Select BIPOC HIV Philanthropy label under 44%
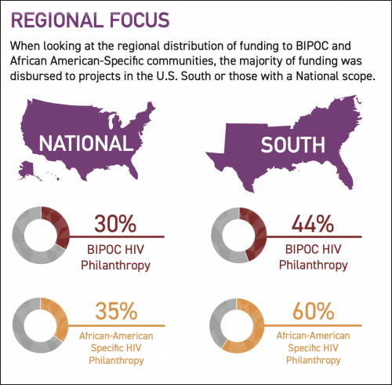click(313, 258)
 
